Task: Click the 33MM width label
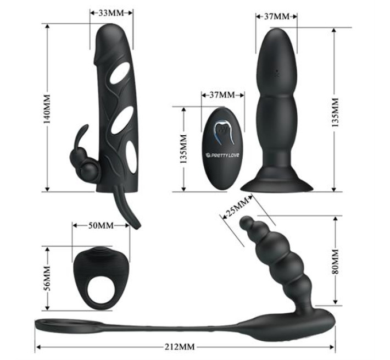pyautogui.click(x=111, y=13)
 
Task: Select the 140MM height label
pyautogui.click(x=47, y=109)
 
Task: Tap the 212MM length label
pyautogui.click(x=180, y=347)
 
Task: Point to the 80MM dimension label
pyautogui.click(x=336, y=261)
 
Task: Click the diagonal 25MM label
pyautogui.click(x=237, y=207)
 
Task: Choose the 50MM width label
pyautogui.click(x=101, y=225)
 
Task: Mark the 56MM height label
pyautogui.click(x=47, y=279)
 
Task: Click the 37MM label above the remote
pyautogui.click(x=222, y=95)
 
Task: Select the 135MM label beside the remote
pyautogui.click(x=183, y=149)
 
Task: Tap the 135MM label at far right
pyautogui.click(x=336, y=113)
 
